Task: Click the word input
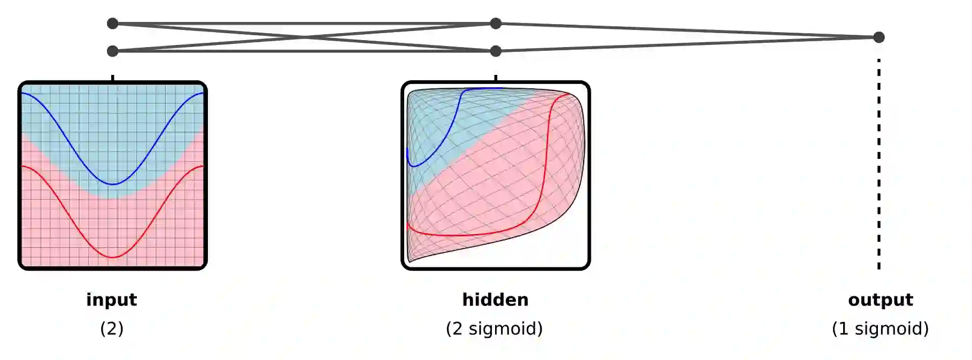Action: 111,300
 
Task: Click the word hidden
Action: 495,300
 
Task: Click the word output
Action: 880,300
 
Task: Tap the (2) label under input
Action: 111,328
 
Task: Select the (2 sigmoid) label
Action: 494,328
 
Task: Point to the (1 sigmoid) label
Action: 880,328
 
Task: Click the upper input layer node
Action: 112,24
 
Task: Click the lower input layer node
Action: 112,51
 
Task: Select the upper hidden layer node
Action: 496,24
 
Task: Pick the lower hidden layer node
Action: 496,51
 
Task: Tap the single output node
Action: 878,37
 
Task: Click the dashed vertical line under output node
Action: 878,160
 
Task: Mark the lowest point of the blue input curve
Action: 113,184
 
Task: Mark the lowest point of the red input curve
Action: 113,257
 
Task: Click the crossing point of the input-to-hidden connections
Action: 304,37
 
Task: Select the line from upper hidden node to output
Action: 687,30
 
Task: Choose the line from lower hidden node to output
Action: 687,44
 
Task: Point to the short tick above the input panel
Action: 112,78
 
